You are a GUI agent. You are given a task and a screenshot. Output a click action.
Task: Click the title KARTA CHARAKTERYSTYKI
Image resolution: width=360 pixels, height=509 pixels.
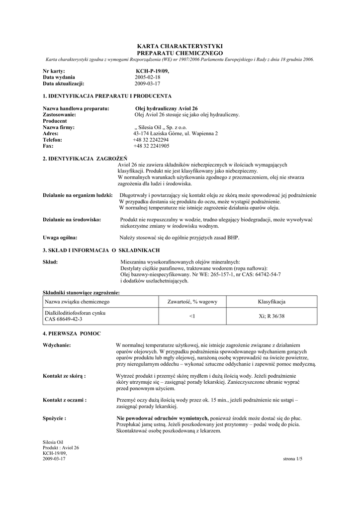click(180, 46)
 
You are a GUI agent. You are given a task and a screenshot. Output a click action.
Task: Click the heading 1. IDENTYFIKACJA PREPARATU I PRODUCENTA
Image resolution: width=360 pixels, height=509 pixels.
click(107, 95)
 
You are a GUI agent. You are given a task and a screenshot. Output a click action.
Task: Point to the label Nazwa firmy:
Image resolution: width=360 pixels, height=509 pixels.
click(59, 127)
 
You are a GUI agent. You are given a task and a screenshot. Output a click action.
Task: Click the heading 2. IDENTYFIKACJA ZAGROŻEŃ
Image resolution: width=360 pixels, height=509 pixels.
click(85, 158)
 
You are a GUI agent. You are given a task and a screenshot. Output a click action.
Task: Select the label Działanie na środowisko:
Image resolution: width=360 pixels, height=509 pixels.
click(72, 219)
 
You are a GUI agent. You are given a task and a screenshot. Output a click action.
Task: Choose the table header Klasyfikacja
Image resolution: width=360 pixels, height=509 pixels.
click(271, 302)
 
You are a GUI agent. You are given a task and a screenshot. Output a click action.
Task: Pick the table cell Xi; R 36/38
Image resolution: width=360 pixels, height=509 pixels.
click(271, 316)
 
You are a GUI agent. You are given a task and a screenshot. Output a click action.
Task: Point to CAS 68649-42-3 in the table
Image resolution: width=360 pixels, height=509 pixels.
click(64, 319)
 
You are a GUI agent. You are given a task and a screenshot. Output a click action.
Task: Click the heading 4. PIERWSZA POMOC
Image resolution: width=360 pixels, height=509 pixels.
click(72, 333)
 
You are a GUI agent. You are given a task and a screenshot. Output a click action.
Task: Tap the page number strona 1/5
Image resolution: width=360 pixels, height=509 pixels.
click(292, 458)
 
